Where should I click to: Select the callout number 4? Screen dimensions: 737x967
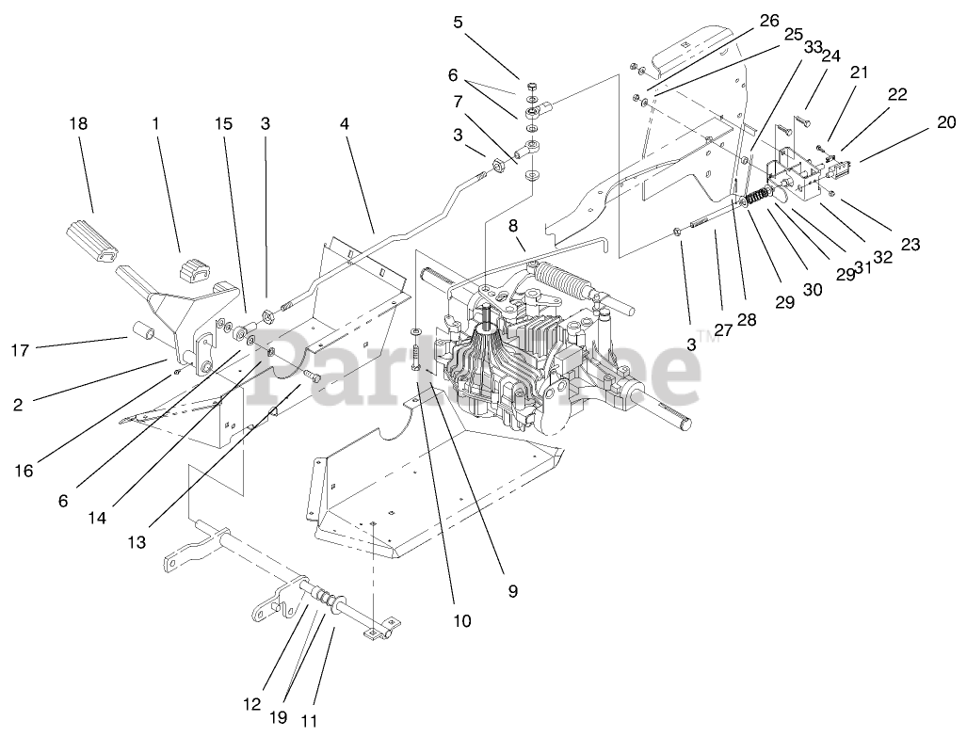click(x=346, y=122)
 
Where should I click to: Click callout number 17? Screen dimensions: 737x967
click(x=21, y=350)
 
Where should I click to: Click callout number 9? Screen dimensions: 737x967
click(x=512, y=591)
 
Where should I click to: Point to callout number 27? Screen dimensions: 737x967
click(x=722, y=329)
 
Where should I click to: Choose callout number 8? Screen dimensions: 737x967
click(x=513, y=225)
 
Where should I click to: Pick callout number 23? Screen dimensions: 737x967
click(x=909, y=244)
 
